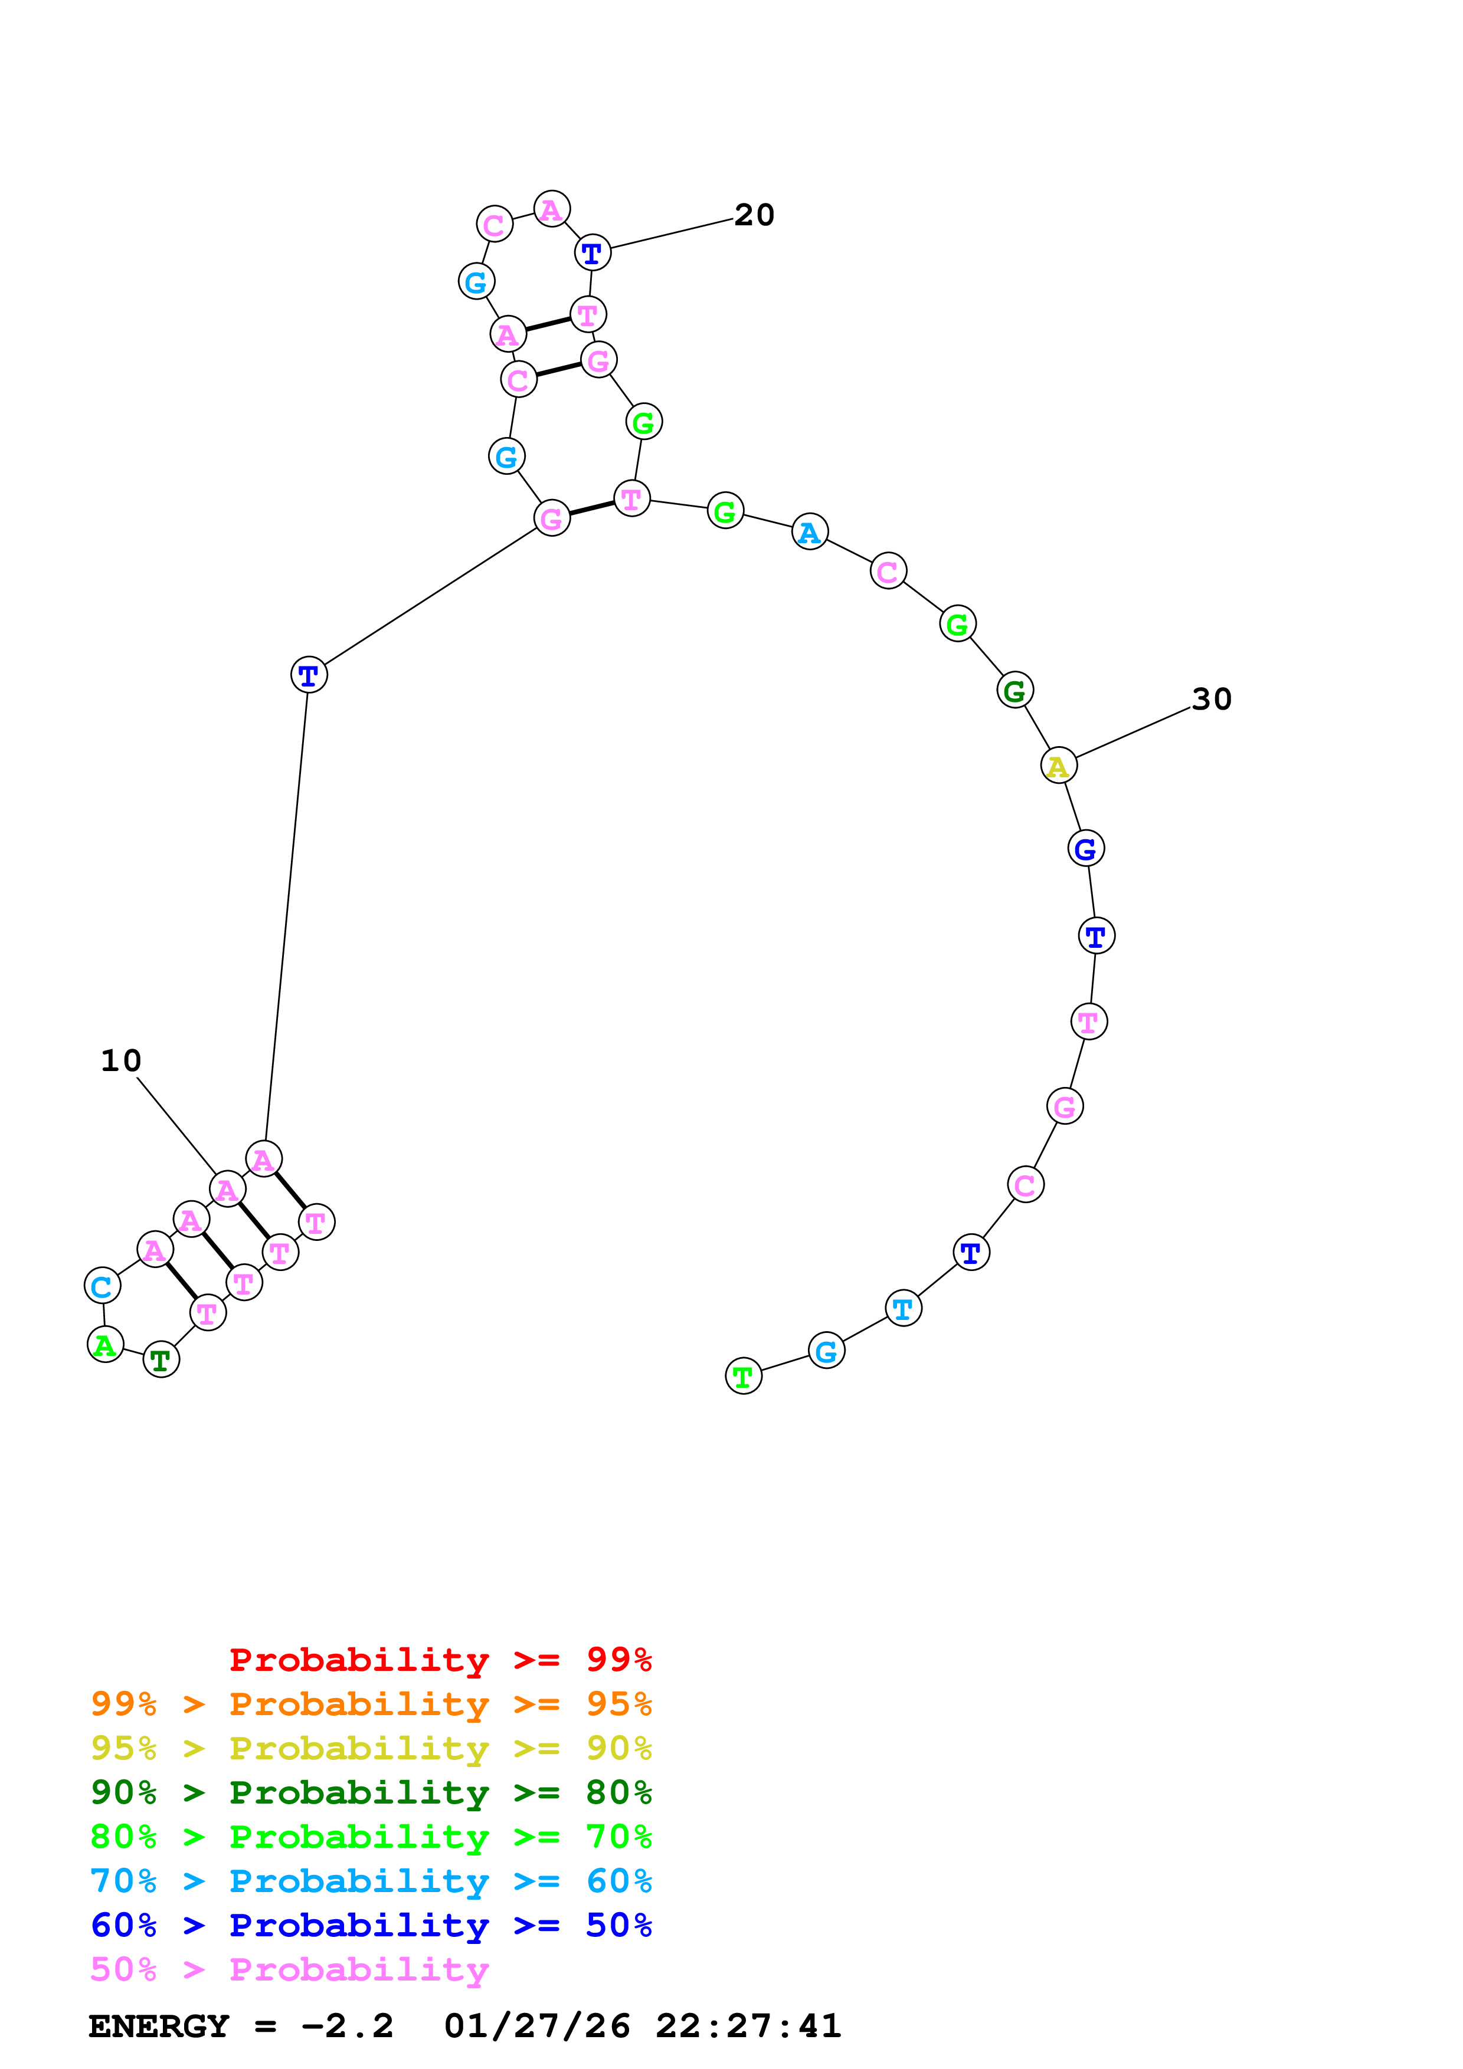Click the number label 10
(x=121, y=1060)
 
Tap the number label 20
(x=754, y=215)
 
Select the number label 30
(x=1210, y=699)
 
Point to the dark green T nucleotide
(x=161, y=1360)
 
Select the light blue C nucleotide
(x=102, y=1286)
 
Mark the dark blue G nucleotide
(x=1085, y=849)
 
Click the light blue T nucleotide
(x=903, y=1308)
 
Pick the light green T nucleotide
(x=743, y=1376)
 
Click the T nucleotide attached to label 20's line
(x=593, y=253)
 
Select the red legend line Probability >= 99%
(x=440, y=1660)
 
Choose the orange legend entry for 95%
(x=371, y=1704)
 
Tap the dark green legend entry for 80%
(x=371, y=1792)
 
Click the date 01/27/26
(x=537, y=2027)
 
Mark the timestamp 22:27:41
(x=748, y=2027)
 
